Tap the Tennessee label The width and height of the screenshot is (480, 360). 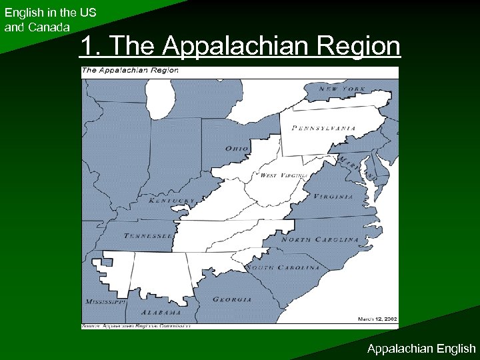click(x=149, y=235)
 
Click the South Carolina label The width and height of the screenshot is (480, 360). click(x=284, y=267)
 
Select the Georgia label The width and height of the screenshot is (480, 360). click(x=232, y=299)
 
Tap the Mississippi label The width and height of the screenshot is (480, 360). click(x=105, y=302)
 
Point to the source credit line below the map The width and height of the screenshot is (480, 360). click(x=136, y=326)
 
